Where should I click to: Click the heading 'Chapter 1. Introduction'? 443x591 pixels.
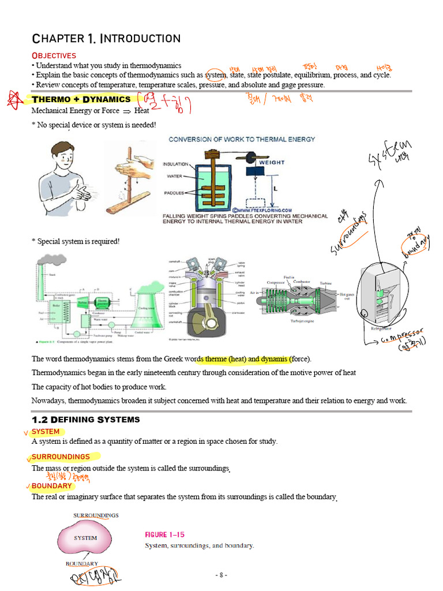tap(106, 39)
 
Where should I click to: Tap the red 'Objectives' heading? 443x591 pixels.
tap(54, 55)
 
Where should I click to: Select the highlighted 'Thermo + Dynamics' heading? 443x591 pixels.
tap(81, 99)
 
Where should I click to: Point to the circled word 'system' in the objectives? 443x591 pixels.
tap(216, 75)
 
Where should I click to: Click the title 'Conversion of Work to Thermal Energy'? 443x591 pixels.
tap(242, 139)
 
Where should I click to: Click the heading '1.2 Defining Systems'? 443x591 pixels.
tap(85, 420)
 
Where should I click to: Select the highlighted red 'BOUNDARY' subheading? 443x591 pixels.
tap(52, 486)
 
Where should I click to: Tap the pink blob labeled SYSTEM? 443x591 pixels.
tap(85, 538)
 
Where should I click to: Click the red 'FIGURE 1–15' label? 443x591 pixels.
tap(165, 534)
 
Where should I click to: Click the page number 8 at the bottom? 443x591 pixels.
tap(221, 575)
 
